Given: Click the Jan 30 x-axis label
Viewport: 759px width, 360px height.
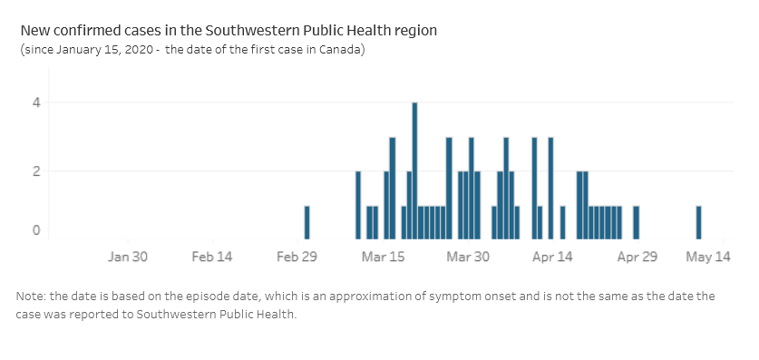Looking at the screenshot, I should pos(128,257).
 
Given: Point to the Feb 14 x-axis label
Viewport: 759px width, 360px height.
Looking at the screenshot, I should pos(212,257).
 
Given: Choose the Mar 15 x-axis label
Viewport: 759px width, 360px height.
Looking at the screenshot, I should pos(384,257).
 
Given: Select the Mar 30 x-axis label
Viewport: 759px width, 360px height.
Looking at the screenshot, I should pos(468,257).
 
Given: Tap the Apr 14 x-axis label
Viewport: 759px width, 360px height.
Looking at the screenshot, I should pos(552,257).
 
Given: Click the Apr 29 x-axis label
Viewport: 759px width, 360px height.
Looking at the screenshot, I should pos(637,257).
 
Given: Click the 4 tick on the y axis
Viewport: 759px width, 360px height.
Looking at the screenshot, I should pos(37,102).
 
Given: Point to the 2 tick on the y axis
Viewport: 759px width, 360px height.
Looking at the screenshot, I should pos(37,170).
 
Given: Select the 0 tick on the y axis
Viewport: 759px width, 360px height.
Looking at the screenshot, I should pos(37,230).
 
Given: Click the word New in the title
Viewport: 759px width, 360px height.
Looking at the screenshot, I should pos(34,30).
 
